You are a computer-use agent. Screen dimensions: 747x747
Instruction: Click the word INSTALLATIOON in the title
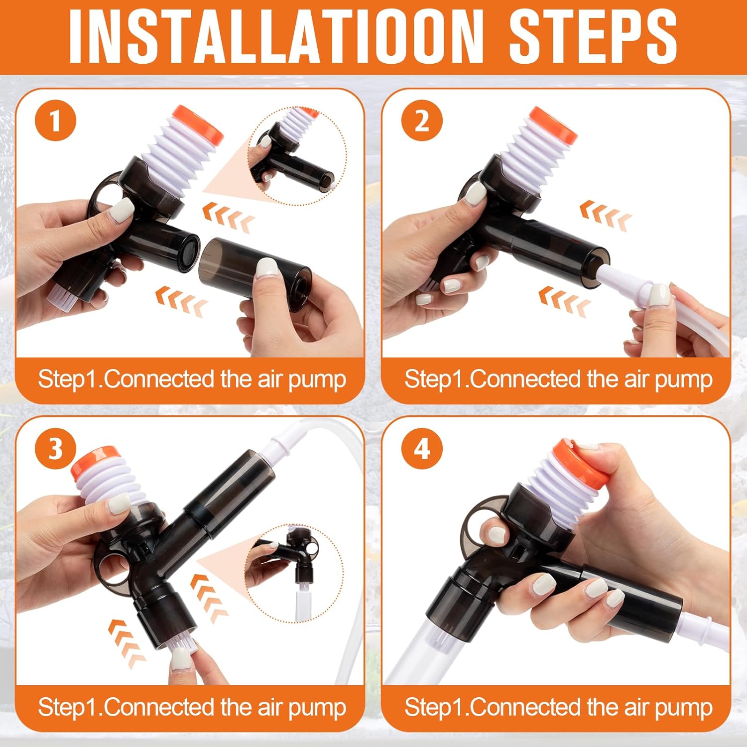pos(276,36)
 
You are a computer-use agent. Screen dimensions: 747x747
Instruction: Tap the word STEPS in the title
pos(593,36)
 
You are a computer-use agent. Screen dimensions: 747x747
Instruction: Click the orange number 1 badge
pos(55,121)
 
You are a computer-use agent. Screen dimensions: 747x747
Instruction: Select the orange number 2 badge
pos(422,121)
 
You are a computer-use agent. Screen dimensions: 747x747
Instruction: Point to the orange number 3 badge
pos(55,449)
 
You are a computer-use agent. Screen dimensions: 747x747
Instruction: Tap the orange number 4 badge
pos(422,449)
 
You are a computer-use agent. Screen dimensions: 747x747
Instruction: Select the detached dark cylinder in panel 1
pos(255,273)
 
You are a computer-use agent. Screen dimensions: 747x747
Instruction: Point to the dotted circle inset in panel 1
pos(297,156)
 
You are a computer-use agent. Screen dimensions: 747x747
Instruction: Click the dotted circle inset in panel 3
pos(294,573)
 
